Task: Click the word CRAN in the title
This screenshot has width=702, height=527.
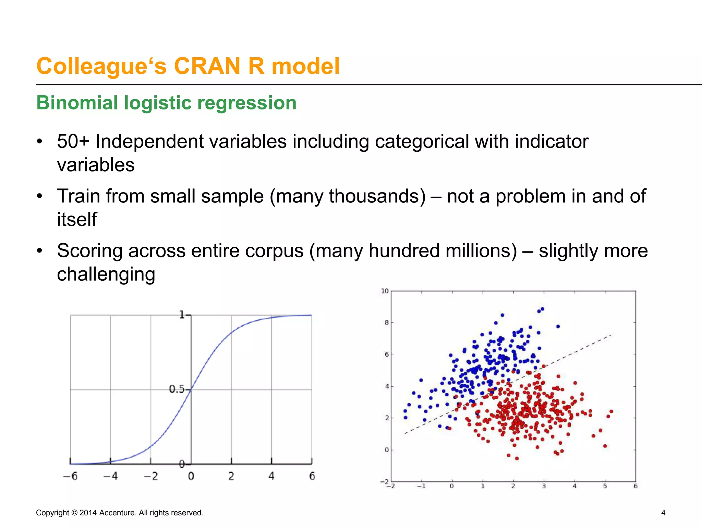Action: [207, 66]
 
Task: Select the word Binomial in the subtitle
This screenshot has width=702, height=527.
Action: [77, 103]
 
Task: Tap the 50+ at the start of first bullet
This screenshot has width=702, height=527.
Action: [73, 141]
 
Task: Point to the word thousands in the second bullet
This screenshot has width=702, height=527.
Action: [377, 196]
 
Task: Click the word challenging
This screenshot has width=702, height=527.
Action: [106, 274]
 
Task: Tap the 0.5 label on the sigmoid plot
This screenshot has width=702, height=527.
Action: [176, 389]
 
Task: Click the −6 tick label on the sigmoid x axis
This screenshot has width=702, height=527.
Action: [70, 476]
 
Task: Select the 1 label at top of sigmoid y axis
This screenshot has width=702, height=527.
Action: [182, 314]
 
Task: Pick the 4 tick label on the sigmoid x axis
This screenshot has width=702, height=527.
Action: [271, 476]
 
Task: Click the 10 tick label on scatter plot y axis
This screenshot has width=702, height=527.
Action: [385, 291]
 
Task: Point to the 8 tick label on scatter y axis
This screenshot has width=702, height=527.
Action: [387, 323]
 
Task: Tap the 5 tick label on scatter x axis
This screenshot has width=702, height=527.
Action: [605, 486]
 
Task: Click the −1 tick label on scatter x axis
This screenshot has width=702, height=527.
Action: [421, 486]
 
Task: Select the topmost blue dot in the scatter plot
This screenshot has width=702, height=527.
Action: [542, 309]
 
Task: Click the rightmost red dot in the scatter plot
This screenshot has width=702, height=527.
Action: [611, 411]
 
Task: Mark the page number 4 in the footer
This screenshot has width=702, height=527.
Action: [663, 513]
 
